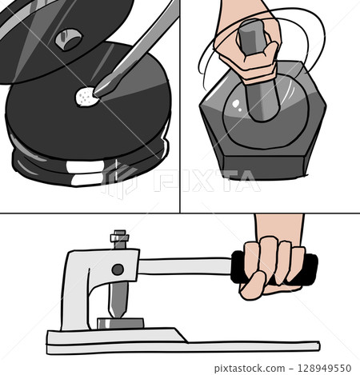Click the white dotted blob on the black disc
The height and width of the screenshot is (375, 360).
86,97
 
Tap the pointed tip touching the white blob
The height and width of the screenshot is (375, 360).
95,94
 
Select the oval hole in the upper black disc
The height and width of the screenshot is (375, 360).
68,39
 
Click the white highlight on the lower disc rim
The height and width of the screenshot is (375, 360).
85,166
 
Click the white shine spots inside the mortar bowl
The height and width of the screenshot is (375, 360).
237,105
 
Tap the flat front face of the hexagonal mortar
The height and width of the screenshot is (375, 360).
264,168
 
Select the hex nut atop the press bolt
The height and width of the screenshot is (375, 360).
119,237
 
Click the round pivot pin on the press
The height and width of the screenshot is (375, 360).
118,269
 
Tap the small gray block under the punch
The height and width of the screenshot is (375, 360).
121,323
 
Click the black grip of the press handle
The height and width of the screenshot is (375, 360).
274,269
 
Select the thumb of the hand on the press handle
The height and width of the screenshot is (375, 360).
253,285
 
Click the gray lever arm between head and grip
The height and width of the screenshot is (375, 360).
185,266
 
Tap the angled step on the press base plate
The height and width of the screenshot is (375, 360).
182,335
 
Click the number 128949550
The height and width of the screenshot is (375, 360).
324,369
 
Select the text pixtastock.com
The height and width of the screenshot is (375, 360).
250,369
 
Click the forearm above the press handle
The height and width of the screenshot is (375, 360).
279,226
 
